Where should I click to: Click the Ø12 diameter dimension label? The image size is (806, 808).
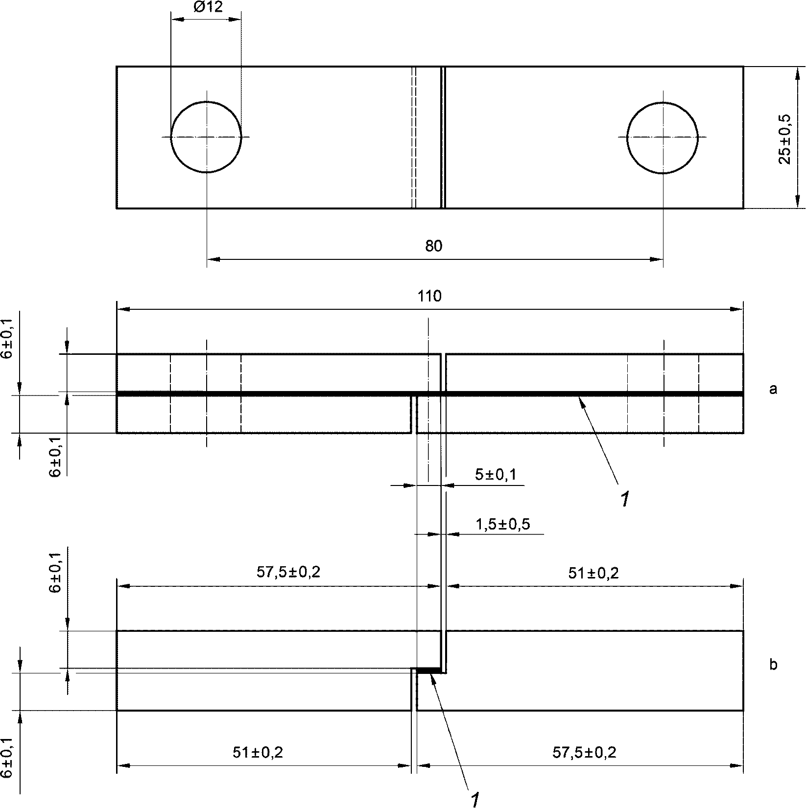[x=207, y=7]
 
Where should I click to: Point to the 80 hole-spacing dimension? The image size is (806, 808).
[x=433, y=246]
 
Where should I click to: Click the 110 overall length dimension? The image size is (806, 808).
[x=429, y=296]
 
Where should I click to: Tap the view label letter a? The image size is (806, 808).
[x=773, y=389]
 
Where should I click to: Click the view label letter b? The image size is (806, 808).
[x=773, y=665]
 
